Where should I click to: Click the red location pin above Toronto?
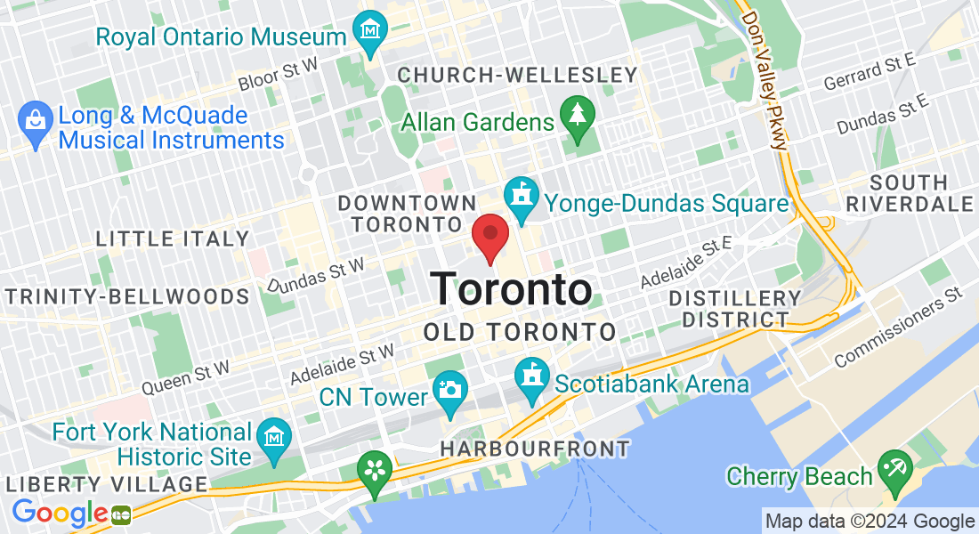489,237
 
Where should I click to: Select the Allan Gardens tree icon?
578,117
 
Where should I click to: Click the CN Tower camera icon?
450,391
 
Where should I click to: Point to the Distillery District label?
735,308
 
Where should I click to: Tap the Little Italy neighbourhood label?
173,239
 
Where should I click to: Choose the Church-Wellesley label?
517,76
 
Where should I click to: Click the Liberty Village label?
106,484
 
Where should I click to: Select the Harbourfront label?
535,449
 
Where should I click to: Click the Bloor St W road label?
279,77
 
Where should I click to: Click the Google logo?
60,514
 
